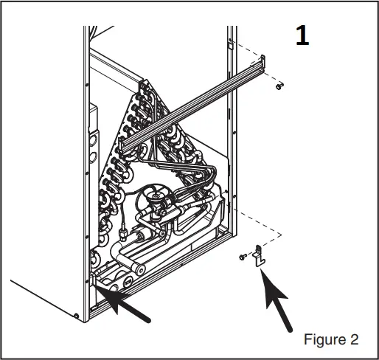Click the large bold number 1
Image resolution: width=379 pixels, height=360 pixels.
[x=302, y=38]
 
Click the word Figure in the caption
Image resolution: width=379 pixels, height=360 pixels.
[x=322, y=340]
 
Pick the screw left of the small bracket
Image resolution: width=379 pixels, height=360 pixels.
[x=242, y=256]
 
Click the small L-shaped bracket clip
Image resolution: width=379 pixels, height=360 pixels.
[x=258, y=257]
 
